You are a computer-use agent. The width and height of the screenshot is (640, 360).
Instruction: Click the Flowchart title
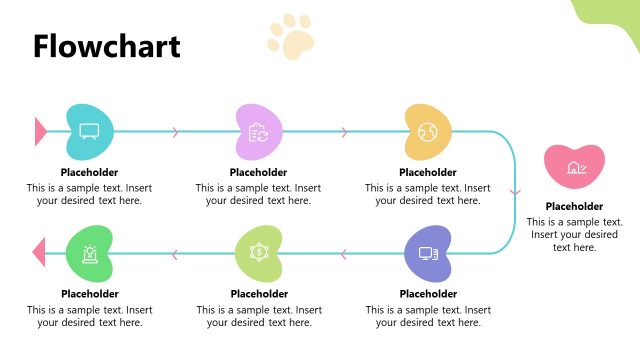[x=106, y=46]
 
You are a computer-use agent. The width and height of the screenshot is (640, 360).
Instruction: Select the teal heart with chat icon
[x=89, y=131]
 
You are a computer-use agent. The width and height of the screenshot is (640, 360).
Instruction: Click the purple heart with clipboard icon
[x=258, y=131]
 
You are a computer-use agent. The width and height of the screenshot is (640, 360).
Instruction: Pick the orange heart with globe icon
[x=427, y=131]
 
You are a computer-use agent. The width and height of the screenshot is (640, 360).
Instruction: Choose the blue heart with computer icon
[x=427, y=253]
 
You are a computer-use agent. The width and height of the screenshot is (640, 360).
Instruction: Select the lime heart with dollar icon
[x=258, y=253]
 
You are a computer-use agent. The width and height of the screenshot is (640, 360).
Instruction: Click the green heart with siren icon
[x=89, y=253]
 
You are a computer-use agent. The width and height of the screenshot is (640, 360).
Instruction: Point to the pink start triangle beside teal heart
[x=40, y=131]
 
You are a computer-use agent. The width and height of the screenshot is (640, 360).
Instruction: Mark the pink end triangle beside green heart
[x=40, y=253]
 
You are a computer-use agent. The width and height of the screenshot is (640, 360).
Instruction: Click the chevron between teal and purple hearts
[x=176, y=131]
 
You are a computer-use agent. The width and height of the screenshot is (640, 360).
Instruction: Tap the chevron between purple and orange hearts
[x=345, y=131]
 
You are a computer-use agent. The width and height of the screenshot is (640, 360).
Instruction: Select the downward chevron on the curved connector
[x=515, y=191]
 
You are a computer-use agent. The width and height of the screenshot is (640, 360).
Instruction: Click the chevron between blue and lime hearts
[x=345, y=253]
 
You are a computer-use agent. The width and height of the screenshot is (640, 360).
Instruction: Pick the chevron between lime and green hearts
[x=176, y=253]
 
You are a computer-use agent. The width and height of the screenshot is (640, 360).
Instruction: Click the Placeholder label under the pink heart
[x=574, y=207]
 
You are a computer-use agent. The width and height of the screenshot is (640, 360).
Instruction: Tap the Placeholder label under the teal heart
[x=89, y=172]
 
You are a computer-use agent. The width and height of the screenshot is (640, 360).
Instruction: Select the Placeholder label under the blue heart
[x=427, y=294]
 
